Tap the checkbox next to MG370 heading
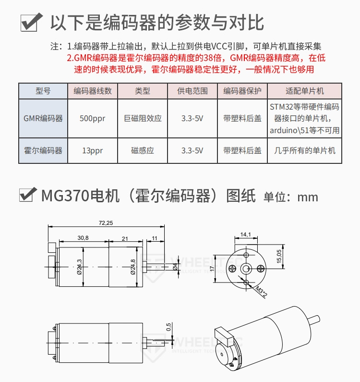27,195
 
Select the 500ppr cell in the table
93,118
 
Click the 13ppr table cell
93,150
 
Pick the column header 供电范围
192,91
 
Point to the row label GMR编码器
43,118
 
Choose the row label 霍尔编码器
43,150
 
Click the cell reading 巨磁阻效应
143,118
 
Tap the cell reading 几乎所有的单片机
304,150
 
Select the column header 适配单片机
304,91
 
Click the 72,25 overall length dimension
106,223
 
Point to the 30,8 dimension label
83,238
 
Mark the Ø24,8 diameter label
133,267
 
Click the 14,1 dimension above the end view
246,234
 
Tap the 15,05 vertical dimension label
279,256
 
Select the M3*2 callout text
261,292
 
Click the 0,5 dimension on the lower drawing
168,327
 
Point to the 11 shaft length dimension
155,238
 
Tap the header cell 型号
43,91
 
